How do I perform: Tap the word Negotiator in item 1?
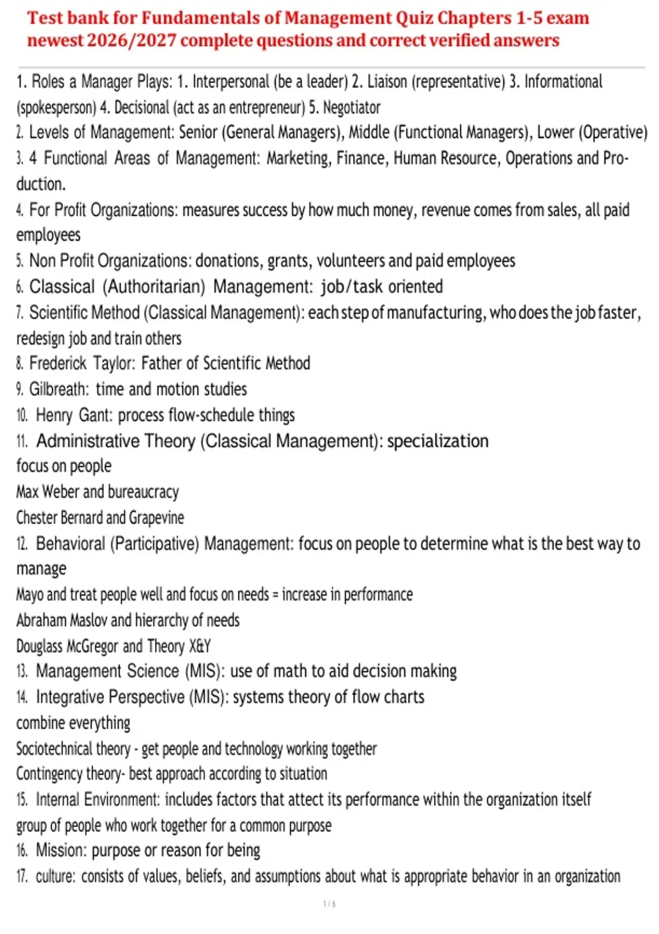pyautogui.click(x=351, y=107)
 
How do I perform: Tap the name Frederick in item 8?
pyautogui.click(x=58, y=363)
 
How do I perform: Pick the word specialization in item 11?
pyautogui.click(x=438, y=441)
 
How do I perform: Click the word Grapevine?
pyautogui.click(x=157, y=518)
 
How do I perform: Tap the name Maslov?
pyautogui.click(x=88, y=620)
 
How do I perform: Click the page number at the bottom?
pyautogui.click(x=329, y=904)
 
